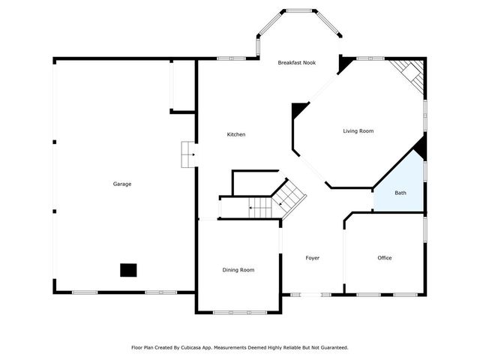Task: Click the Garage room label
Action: point(122,184)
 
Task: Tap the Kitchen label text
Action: point(236,134)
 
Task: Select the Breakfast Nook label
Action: point(297,63)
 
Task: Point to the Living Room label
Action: point(358,131)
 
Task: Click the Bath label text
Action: point(400,193)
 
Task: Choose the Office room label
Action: point(384,258)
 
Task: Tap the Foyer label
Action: point(312,258)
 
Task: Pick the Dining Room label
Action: point(238,270)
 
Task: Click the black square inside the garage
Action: point(129,270)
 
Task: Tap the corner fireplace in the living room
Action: point(409,75)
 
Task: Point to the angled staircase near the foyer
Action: point(289,199)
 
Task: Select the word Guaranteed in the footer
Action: point(332,348)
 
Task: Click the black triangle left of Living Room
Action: point(299,110)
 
